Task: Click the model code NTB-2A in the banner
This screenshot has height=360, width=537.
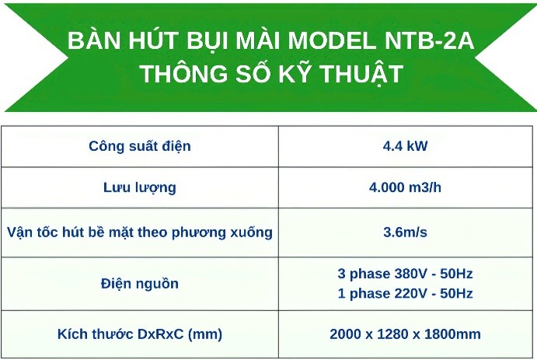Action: tap(429, 40)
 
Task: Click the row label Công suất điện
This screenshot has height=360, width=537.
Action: tap(140, 147)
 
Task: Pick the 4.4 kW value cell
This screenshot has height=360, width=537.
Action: tap(405, 146)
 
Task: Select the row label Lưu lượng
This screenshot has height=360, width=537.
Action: tap(140, 188)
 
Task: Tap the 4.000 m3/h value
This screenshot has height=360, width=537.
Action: tap(405, 187)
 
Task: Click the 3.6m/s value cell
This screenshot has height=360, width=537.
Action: tap(405, 232)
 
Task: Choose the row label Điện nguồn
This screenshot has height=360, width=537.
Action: tap(140, 284)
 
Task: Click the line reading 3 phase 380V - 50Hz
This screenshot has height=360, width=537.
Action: tap(405, 274)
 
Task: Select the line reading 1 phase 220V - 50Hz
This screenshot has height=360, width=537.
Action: tap(405, 294)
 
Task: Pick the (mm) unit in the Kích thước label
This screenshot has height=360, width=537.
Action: tap(205, 334)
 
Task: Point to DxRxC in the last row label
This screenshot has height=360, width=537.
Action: tap(161, 334)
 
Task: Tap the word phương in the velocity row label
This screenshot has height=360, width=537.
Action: tap(199, 233)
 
